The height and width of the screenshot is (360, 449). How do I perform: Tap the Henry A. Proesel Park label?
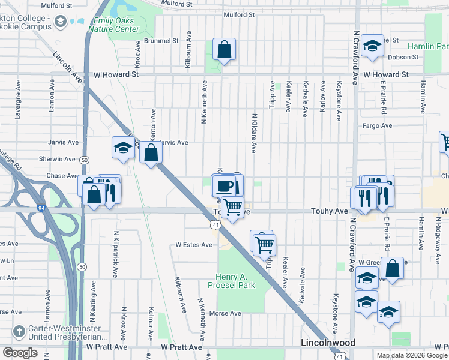(x=235, y=280)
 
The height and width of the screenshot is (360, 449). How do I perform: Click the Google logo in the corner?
(x=20, y=353)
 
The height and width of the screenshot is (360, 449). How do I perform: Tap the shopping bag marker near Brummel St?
(x=224, y=50)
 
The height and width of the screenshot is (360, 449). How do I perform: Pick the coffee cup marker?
(x=224, y=185)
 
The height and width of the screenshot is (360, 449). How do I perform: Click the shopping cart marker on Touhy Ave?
(x=233, y=208)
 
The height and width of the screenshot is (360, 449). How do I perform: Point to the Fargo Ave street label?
(x=377, y=125)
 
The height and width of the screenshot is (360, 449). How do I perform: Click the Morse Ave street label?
(x=225, y=313)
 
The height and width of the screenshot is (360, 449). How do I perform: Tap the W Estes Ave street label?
(x=194, y=245)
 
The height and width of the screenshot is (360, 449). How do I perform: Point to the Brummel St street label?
(x=164, y=41)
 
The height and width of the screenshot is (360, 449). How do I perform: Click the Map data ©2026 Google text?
(x=412, y=355)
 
